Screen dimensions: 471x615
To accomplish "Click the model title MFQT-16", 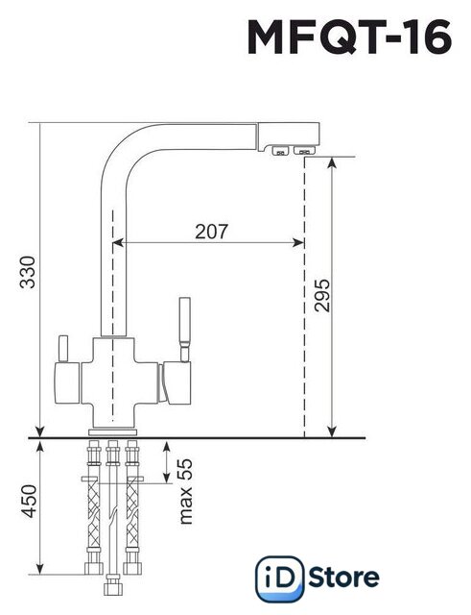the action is click(x=349, y=37).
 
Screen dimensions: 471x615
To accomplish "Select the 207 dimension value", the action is click(x=211, y=232).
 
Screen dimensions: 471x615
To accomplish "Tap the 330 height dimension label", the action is click(x=28, y=272).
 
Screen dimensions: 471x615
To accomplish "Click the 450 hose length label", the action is click(x=28, y=502).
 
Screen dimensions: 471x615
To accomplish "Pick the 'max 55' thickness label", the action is click(x=185, y=491).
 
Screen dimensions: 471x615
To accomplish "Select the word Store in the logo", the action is click(x=343, y=578).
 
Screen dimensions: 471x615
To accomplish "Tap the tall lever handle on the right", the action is click(x=184, y=330).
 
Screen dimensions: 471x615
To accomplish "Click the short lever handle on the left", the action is click(x=63, y=349).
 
